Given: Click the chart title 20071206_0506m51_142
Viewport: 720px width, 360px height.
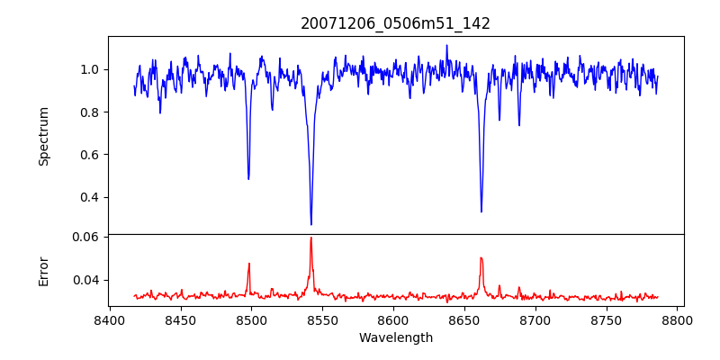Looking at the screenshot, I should (395, 23).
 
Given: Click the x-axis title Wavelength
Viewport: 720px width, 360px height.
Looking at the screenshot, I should (395, 338).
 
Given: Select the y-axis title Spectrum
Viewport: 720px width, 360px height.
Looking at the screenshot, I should (44, 136).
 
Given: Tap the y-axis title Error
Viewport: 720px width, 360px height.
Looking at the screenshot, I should (44, 270).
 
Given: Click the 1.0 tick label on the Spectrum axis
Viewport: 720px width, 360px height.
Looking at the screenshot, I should (89, 69).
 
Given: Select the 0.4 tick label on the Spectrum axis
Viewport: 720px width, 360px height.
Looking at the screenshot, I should (89, 197).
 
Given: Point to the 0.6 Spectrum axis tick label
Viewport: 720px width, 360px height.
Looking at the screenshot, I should (89, 155).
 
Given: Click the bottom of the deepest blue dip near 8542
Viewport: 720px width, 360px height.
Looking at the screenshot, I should (311, 224).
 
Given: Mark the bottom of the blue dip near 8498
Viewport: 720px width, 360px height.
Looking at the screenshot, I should (248, 178).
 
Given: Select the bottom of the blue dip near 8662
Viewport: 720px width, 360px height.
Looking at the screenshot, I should (481, 211).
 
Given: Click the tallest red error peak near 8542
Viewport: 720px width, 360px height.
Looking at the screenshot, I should (311, 238).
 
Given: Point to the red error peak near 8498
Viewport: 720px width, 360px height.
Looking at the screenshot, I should (248, 264).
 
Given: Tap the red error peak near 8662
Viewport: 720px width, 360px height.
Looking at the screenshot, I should (481, 258).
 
